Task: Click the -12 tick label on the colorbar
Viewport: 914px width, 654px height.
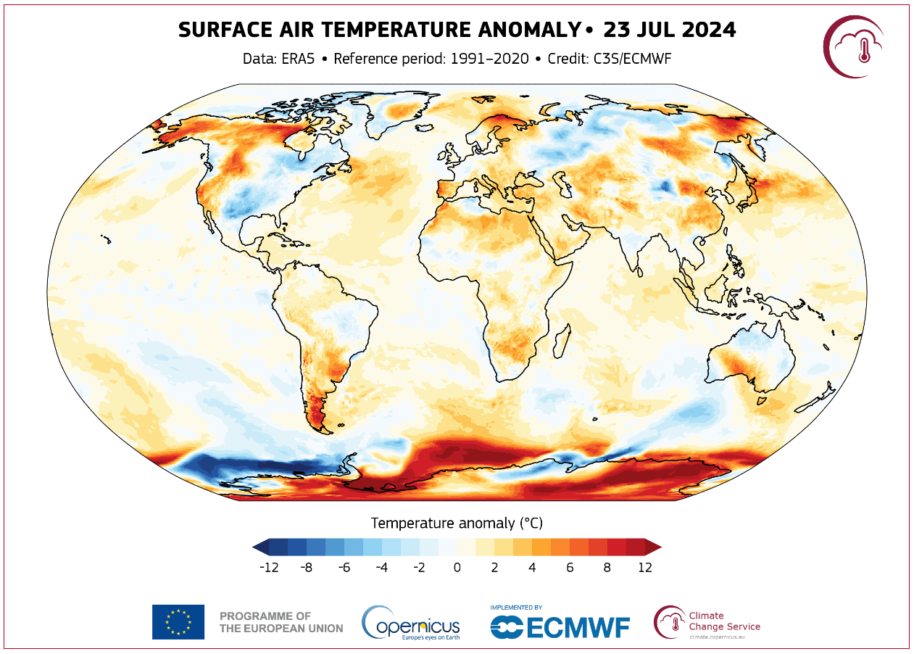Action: (x=269, y=568)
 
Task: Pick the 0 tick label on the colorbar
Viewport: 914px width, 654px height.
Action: (x=457, y=568)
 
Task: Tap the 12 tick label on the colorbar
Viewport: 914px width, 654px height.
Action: (x=644, y=568)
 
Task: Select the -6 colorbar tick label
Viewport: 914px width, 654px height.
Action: (x=344, y=568)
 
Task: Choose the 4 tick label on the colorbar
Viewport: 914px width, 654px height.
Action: (x=532, y=568)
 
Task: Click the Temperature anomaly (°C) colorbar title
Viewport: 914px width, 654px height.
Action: (x=457, y=523)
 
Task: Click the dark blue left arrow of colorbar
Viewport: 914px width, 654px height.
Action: (x=259, y=547)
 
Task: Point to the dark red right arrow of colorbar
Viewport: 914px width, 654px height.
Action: (x=654, y=547)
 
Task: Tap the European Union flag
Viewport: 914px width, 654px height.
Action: (x=178, y=621)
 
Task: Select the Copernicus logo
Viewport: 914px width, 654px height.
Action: (x=410, y=622)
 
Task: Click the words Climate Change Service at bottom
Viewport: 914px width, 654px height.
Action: (x=723, y=621)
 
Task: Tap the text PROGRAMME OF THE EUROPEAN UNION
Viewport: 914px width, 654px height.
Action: (x=281, y=622)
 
